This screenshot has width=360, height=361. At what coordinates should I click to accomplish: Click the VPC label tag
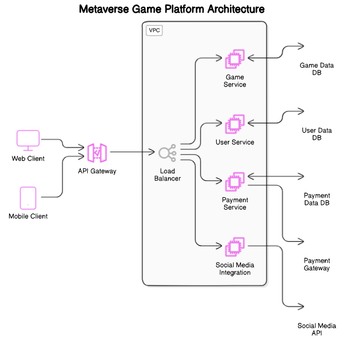154,30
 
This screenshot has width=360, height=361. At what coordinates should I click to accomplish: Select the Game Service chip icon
235,59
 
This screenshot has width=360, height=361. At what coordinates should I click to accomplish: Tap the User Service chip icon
235,124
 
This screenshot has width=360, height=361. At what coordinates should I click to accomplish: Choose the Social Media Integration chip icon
235,248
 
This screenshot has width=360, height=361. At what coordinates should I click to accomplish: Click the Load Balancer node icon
167,153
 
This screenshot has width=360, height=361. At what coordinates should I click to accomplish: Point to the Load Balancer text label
167,175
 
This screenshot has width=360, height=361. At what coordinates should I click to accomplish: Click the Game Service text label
235,81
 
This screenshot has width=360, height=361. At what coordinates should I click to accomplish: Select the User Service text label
235,142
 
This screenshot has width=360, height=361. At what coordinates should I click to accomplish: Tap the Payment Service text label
235,204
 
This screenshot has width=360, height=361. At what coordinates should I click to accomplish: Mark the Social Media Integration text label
235,269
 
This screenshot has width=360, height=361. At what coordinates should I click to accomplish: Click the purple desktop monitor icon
29,140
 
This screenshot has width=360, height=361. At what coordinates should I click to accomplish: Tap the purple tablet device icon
29,198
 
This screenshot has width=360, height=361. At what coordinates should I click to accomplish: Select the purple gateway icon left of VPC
97,153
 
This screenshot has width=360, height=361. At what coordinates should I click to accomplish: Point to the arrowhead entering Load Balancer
153,152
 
